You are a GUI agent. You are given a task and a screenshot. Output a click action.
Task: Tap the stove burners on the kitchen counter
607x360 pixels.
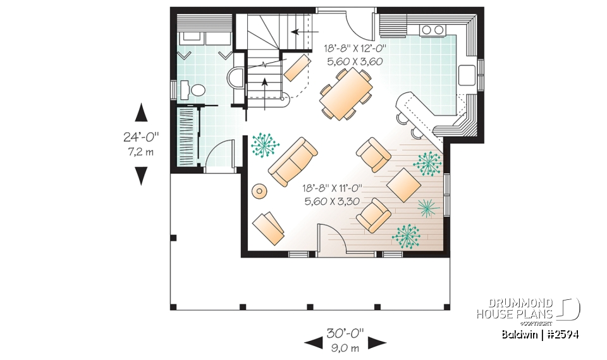pyautogui.click(x=432, y=29)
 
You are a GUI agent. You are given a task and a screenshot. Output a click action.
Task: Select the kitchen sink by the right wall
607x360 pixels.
pyautogui.click(x=468, y=74)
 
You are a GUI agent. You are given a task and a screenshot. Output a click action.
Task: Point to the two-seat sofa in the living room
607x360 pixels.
pyautogui.click(x=293, y=158)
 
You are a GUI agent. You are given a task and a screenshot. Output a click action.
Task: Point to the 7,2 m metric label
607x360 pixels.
pyautogui.click(x=141, y=151)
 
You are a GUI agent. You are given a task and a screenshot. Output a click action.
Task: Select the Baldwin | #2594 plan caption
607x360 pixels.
pyautogui.click(x=541, y=334)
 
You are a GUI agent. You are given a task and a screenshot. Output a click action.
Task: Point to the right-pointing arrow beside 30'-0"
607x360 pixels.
pyautogui.click(x=378, y=342)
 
